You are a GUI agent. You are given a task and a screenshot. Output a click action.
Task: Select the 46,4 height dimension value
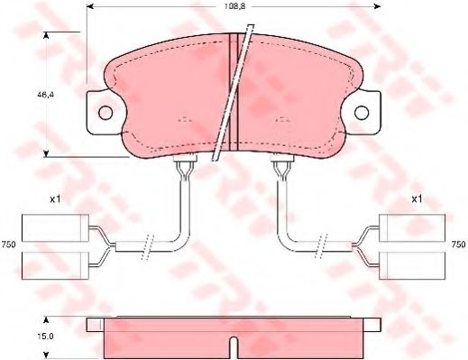pyautogui.click(x=41, y=93)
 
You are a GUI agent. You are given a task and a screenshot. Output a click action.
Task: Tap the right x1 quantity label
pyautogui.click(x=418, y=198)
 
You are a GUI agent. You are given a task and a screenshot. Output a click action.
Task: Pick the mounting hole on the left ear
pyautogui.click(x=106, y=113)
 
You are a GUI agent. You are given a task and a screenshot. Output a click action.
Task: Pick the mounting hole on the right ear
pyautogui.click(x=362, y=113)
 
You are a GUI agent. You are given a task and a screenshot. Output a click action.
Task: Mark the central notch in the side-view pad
pyautogui.click(x=234, y=344)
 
